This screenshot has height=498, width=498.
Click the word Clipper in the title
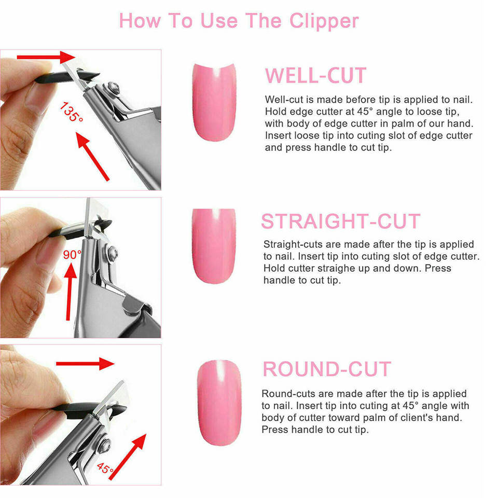(324, 21)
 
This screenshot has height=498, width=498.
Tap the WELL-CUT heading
(316, 76)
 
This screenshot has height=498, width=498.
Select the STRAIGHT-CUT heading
(341, 221)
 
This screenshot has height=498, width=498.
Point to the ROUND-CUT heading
(327, 369)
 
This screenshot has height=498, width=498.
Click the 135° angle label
(72, 112)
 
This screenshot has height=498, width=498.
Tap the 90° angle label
(72, 254)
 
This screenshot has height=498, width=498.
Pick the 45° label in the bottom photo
(105, 468)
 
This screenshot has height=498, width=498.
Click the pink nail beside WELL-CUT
(214, 102)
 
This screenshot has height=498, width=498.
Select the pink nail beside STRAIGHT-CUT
(214, 246)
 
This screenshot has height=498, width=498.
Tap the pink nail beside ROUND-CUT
(219, 403)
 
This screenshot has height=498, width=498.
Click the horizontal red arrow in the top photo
(46, 57)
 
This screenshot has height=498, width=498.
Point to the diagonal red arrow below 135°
(93, 157)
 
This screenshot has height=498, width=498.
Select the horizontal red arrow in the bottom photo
(85, 364)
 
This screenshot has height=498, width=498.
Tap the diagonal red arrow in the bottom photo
(128, 457)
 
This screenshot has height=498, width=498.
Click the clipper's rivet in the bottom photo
(104, 445)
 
